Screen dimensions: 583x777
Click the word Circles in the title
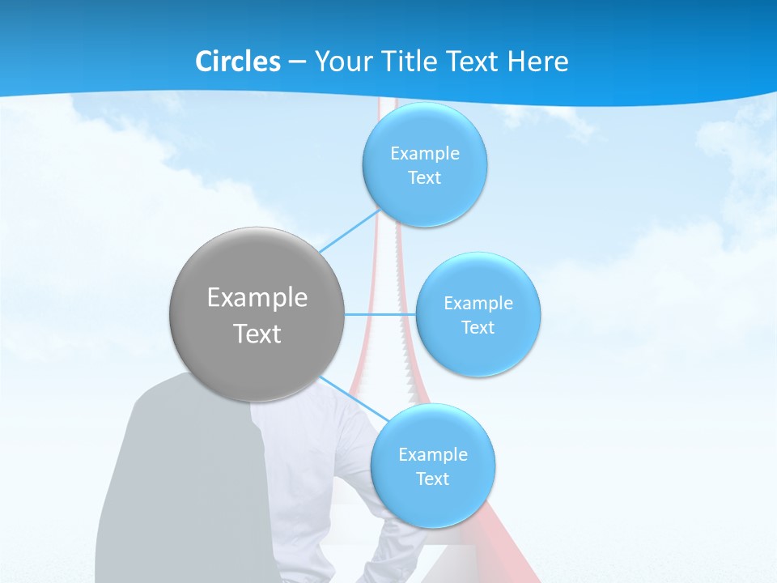click(x=238, y=62)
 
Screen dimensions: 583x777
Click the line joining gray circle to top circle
click(x=350, y=232)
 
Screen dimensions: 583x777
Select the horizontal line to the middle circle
click(x=380, y=314)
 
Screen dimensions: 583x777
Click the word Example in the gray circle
click(x=257, y=298)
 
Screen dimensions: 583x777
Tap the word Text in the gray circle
click(x=257, y=334)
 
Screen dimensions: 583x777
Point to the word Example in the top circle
click(x=425, y=153)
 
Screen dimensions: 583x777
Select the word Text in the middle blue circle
click(x=478, y=328)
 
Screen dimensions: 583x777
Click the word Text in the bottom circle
click(x=433, y=479)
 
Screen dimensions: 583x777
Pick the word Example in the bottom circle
click(x=433, y=454)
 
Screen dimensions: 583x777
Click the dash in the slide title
click(x=296, y=62)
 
